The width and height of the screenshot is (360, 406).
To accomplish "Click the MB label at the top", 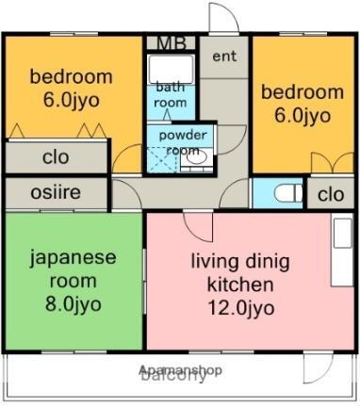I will (171, 42).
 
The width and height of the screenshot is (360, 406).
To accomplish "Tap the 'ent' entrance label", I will (223, 57).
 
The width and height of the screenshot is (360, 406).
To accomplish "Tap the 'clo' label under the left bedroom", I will (56, 157).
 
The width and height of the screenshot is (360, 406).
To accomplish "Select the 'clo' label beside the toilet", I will (329, 195).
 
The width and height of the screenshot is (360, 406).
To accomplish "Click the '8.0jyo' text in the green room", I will (73, 302).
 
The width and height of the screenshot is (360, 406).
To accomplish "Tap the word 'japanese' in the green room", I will (73, 257).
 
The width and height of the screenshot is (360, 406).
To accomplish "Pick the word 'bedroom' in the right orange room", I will (303, 91).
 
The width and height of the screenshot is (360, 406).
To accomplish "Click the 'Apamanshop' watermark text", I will (180, 370).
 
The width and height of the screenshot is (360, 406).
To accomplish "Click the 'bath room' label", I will (171, 95).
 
